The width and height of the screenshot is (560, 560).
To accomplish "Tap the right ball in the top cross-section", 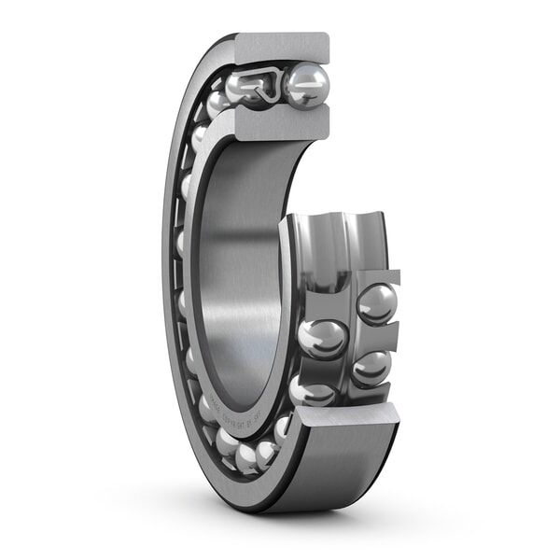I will pos(305,86).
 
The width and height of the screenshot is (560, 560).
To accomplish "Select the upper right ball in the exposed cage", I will pos(377,304).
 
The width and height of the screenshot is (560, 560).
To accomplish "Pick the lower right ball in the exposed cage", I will pos(371,367).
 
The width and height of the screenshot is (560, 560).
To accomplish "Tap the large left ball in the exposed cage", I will pos(323,339).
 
